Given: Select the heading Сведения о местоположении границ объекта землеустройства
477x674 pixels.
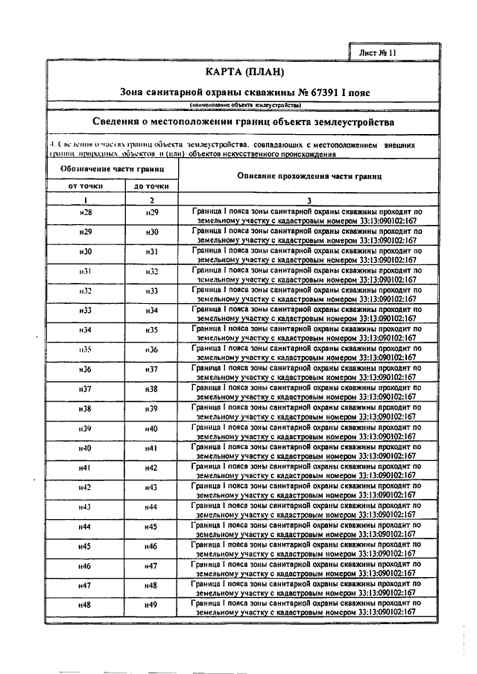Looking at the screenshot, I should (246, 121).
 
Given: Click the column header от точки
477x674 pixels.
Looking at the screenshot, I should (86, 185).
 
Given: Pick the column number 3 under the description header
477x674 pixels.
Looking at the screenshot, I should (309, 200).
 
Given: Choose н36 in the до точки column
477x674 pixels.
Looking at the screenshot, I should (151, 349).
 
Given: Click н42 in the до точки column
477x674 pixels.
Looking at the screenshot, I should (151, 468).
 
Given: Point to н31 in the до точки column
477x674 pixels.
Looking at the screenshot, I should (151, 252).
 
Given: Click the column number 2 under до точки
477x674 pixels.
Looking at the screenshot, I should (151, 200).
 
